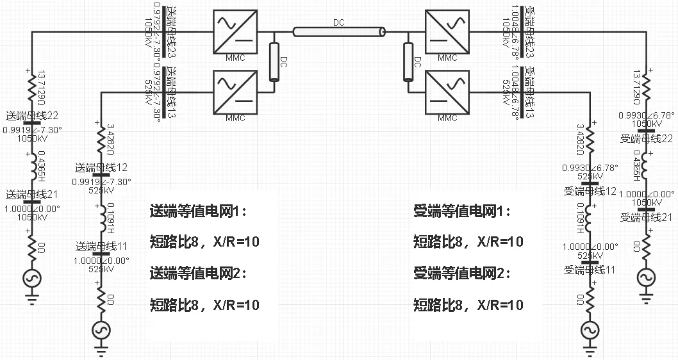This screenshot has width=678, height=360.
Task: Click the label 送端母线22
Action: (32, 116)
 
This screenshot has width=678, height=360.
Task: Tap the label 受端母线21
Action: (646, 218)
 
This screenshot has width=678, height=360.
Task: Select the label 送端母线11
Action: (101, 246)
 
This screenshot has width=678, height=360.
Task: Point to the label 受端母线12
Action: (590, 191)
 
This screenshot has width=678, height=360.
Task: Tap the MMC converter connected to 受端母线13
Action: (447, 91)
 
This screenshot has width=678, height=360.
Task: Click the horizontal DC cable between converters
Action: (339, 31)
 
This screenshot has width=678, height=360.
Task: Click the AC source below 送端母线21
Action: (32, 277)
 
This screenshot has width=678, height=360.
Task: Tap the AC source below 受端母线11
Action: (590, 330)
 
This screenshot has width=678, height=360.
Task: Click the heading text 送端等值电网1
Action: (197, 211)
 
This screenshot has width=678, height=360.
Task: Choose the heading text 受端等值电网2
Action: (462, 274)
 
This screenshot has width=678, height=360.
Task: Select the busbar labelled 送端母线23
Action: (165, 31)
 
